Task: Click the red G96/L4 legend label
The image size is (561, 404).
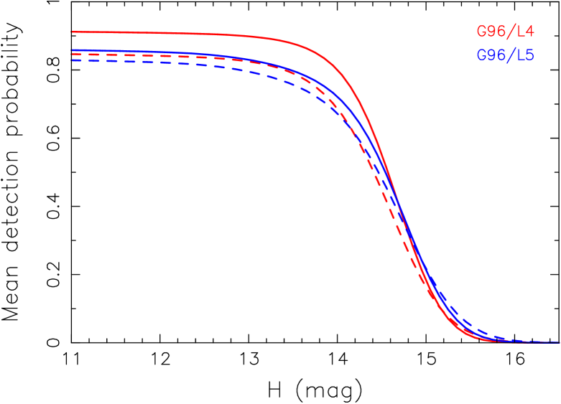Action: pos(505,32)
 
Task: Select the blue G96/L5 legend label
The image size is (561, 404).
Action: pos(505,55)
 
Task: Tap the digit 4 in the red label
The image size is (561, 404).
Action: pos(529,32)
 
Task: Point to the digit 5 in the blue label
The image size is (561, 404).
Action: pos(529,55)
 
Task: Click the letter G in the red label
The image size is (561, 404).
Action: pos(482,32)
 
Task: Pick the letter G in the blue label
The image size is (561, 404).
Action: pos(482,55)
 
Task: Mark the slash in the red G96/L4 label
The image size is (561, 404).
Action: pos(511,32)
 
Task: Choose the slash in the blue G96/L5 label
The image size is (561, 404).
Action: pos(511,55)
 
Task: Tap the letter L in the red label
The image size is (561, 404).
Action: pos(520,32)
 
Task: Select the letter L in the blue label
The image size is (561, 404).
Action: pos(520,55)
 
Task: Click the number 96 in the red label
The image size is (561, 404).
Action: pos(496,32)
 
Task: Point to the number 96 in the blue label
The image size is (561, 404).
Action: pos(496,55)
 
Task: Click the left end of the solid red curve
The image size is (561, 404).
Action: pos(73,32)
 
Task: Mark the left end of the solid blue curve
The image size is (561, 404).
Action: pos(73,50)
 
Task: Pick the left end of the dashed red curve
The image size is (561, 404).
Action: pos(73,55)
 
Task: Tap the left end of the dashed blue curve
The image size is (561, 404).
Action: pos(73,60)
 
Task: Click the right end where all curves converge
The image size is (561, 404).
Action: pos(557,342)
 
